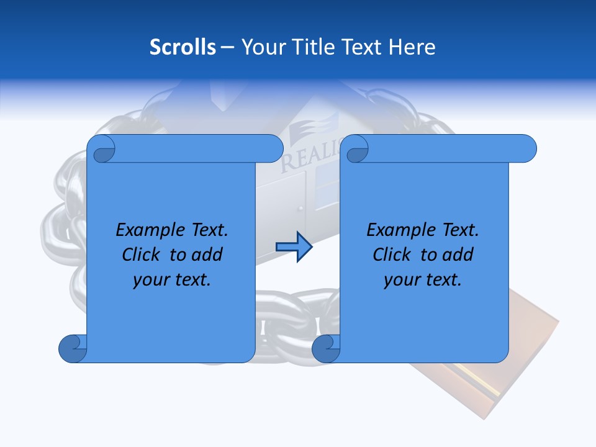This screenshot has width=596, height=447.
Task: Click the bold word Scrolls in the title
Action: point(183,47)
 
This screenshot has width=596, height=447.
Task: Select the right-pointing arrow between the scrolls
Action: point(294,246)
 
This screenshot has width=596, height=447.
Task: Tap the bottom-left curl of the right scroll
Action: point(327,348)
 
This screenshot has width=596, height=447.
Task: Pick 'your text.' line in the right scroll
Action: point(423,279)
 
